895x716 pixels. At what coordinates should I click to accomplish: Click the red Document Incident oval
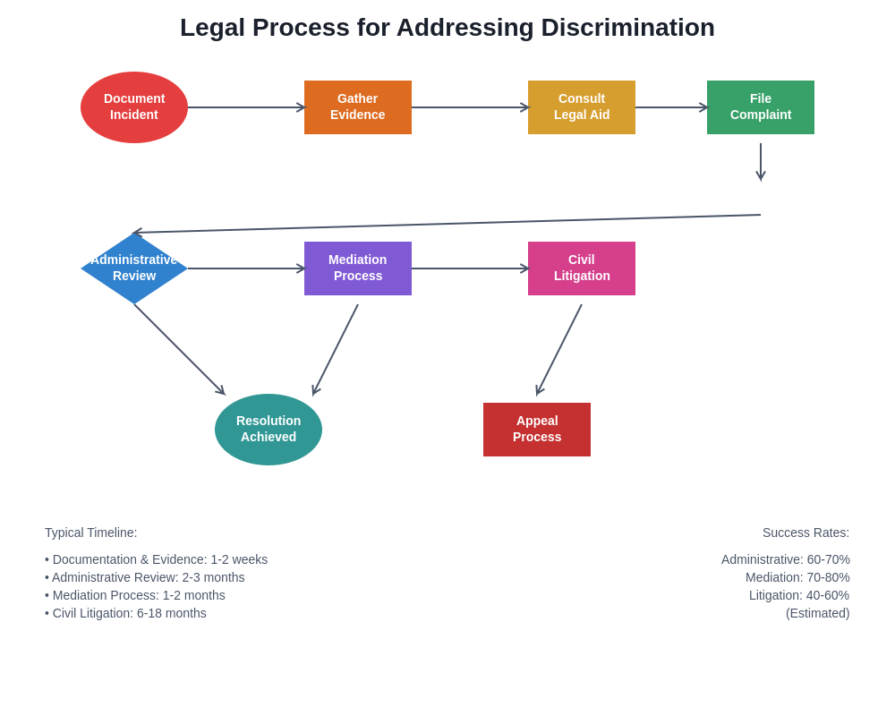(x=134, y=107)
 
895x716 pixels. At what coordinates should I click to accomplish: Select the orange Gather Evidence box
(x=358, y=107)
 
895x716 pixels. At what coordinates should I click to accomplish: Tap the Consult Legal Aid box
(x=582, y=107)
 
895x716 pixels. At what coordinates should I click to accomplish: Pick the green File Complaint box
(x=761, y=107)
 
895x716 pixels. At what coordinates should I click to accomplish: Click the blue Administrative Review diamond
(x=134, y=268)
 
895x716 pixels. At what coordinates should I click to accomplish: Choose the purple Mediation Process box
(x=358, y=268)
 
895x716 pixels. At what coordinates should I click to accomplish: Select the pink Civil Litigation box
(x=582, y=268)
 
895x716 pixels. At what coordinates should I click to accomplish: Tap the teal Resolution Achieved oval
(x=268, y=430)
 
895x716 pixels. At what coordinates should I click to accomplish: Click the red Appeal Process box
(x=537, y=430)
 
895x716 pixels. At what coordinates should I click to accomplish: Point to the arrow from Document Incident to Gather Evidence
(x=246, y=107)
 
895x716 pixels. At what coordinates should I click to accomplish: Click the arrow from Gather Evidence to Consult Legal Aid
(x=470, y=107)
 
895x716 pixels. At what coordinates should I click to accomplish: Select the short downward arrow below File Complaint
(x=761, y=161)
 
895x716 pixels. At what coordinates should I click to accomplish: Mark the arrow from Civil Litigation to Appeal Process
(x=559, y=349)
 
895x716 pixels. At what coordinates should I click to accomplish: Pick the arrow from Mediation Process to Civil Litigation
(x=470, y=268)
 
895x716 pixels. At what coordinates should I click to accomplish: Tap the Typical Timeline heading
(x=91, y=533)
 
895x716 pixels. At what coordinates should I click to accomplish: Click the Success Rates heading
(x=805, y=533)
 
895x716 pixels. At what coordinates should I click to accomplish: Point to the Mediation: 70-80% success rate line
(x=797, y=577)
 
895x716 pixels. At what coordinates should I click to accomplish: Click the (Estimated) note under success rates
(x=817, y=613)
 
